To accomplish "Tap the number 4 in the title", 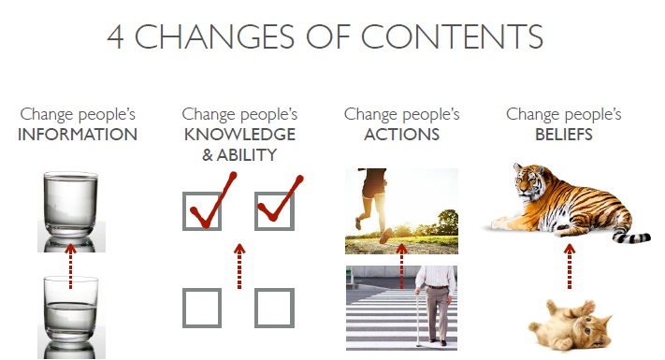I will [115, 37].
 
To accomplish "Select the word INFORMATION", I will [78, 135].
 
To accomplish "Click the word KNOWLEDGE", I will [239, 135].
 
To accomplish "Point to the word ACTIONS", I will [401, 135].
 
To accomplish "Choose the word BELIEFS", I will [564, 135].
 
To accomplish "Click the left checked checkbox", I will [203, 210].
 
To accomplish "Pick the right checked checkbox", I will [275, 210].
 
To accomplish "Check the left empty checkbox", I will [202, 308].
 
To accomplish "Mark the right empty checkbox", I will [275, 308].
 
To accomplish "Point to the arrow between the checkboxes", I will [239, 266].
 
